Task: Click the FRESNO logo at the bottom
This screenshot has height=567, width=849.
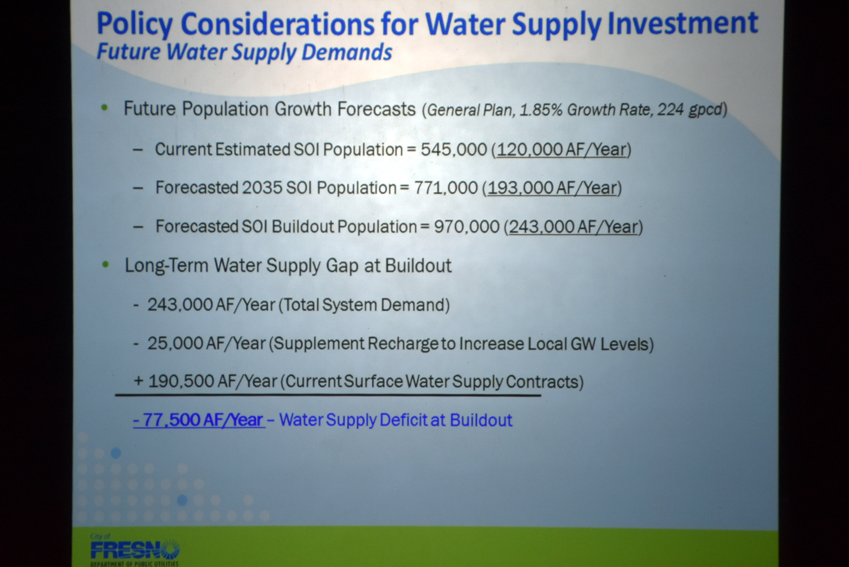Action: click(134, 550)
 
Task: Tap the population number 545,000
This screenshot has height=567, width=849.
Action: click(454, 149)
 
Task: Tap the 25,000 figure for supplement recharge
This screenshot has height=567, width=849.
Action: click(174, 343)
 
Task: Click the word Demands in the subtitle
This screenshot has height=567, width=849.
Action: click(347, 52)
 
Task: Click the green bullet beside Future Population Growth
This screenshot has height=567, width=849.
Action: click(104, 107)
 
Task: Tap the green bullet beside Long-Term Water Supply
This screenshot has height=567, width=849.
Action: click(105, 265)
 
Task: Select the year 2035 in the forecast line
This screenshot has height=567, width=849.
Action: click(262, 188)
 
